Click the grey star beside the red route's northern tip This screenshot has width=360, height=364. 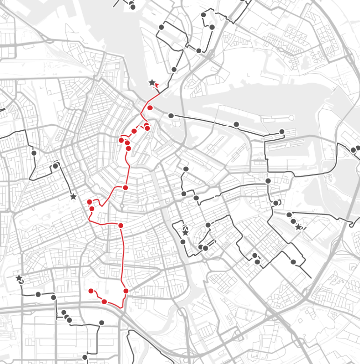(x=152, y=83)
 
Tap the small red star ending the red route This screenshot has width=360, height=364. (x=157, y=85)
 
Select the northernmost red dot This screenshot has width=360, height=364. (x=150, y=108)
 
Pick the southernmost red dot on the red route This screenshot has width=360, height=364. (x=104, y=301)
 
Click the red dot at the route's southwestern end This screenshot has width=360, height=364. (x=91, y=291)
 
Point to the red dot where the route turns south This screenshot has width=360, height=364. (x=120, y=226)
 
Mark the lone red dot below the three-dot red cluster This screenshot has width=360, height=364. (x=125, y=187)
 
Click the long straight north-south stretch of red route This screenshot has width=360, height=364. (x=123, y=257)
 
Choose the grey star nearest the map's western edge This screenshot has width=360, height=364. (x=19, y=278)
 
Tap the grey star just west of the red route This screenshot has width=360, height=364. (x=73, y=197)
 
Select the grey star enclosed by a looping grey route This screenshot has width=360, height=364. (x=185, y=232)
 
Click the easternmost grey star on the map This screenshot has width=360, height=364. (x=298, y=227)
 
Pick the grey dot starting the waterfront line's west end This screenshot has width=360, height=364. (x=171, y=115)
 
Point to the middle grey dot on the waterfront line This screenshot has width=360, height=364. (x=236, y=124)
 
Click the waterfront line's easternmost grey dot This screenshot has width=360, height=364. (x=282, y=131)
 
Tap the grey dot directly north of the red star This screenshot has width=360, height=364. (x=174, y=69)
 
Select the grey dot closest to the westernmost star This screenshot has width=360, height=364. (x=38, y=294)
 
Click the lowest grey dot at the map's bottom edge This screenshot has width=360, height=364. (x=85, y=357)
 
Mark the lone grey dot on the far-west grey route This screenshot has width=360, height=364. (x=34, y=153)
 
